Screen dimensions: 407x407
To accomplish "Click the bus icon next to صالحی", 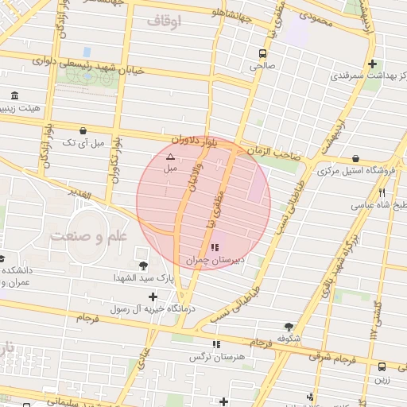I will (x=262, y=53).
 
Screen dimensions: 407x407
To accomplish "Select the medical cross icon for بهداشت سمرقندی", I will (x=372, y=64).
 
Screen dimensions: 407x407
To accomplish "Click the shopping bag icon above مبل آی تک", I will (x=83, y=130).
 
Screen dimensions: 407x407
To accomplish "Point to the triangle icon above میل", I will (x=170, y=157).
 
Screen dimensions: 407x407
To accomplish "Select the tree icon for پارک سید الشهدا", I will (x=143, y=266).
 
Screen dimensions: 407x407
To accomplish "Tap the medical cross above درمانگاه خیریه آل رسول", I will (x=153, y=297).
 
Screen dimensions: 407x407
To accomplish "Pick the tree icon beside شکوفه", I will (x=288, y=326).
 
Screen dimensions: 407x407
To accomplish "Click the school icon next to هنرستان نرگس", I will (x=215, y=344).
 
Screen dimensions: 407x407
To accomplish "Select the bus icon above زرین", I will (x=382, y=366).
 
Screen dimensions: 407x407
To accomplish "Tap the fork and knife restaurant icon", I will (x=382, y=192).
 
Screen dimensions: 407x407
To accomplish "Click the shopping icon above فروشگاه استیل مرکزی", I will (x=355, y=158).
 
